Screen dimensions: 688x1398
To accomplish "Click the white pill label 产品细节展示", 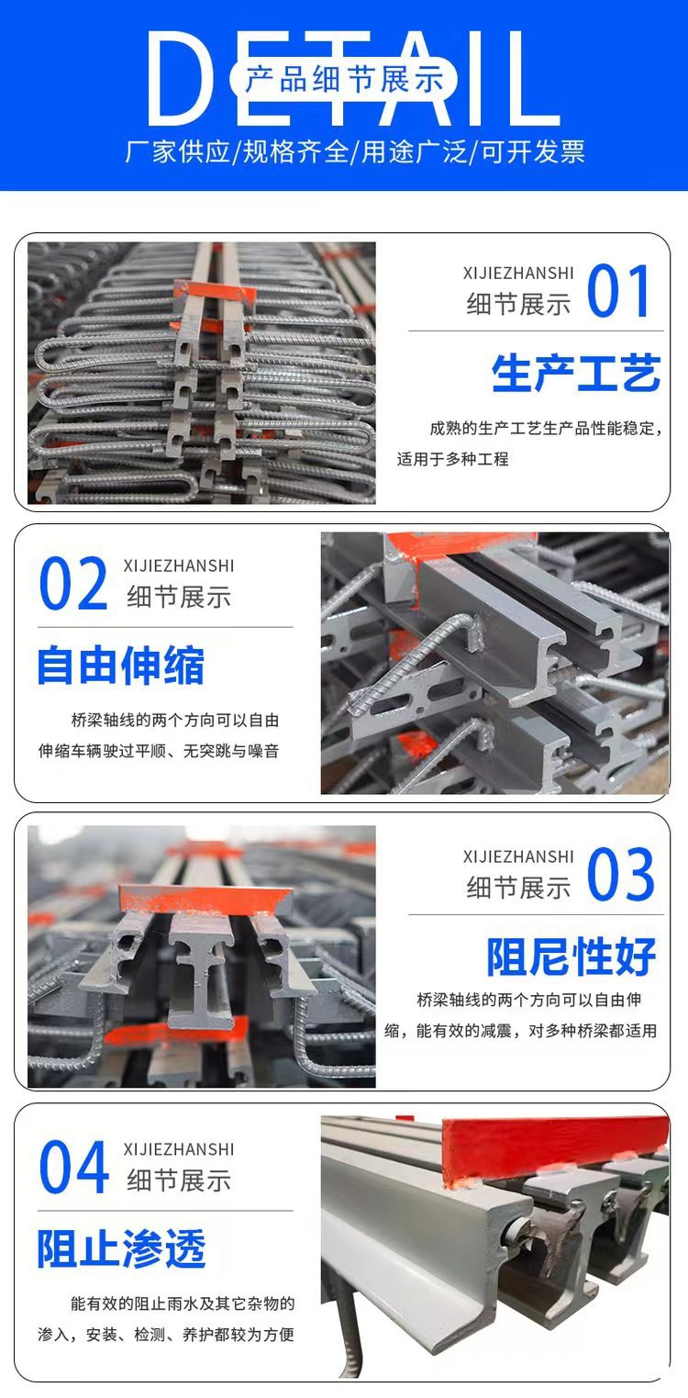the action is coord(344,79).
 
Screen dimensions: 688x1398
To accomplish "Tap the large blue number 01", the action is coord(619,290).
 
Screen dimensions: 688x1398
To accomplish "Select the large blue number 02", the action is coord(73,583).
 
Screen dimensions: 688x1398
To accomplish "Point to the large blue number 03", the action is coord(621,874).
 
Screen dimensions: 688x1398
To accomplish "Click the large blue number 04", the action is coord(73,1167).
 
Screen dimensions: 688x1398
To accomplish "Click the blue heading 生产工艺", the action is coord(576,374).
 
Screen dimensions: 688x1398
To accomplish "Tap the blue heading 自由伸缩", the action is coord(121,665).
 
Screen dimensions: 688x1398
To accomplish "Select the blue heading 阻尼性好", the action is coord(571,956).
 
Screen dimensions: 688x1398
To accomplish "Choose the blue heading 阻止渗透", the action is coord(122,1248).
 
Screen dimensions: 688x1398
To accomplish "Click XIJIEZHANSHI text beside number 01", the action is coord(518,273).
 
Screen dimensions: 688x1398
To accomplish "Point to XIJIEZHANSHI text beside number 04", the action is coord(179,1149).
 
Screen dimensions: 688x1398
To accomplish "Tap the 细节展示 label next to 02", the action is coord(180,597).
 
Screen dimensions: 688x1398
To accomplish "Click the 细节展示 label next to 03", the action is coord(519,888).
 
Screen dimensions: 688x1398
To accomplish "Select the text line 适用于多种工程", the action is coord(453,459).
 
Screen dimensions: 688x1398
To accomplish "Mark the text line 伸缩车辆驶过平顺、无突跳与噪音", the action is coord(159,751).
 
